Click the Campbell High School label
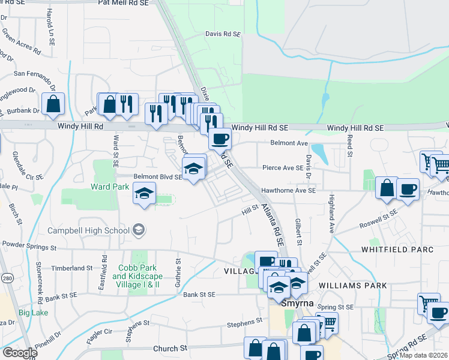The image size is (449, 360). click(x=89, y=230)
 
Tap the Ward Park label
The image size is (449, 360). click(x=110, y=187)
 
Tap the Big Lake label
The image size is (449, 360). click(x=32, y=313)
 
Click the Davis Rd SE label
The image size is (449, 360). click(x=223, y=35)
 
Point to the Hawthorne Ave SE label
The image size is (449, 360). click(x=288, y=191)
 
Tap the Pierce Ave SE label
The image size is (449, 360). click(x=282, y=169)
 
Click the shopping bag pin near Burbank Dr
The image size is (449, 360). click(x=53, y=104)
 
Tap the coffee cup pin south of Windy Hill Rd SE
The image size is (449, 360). click(x=219, y=140)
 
